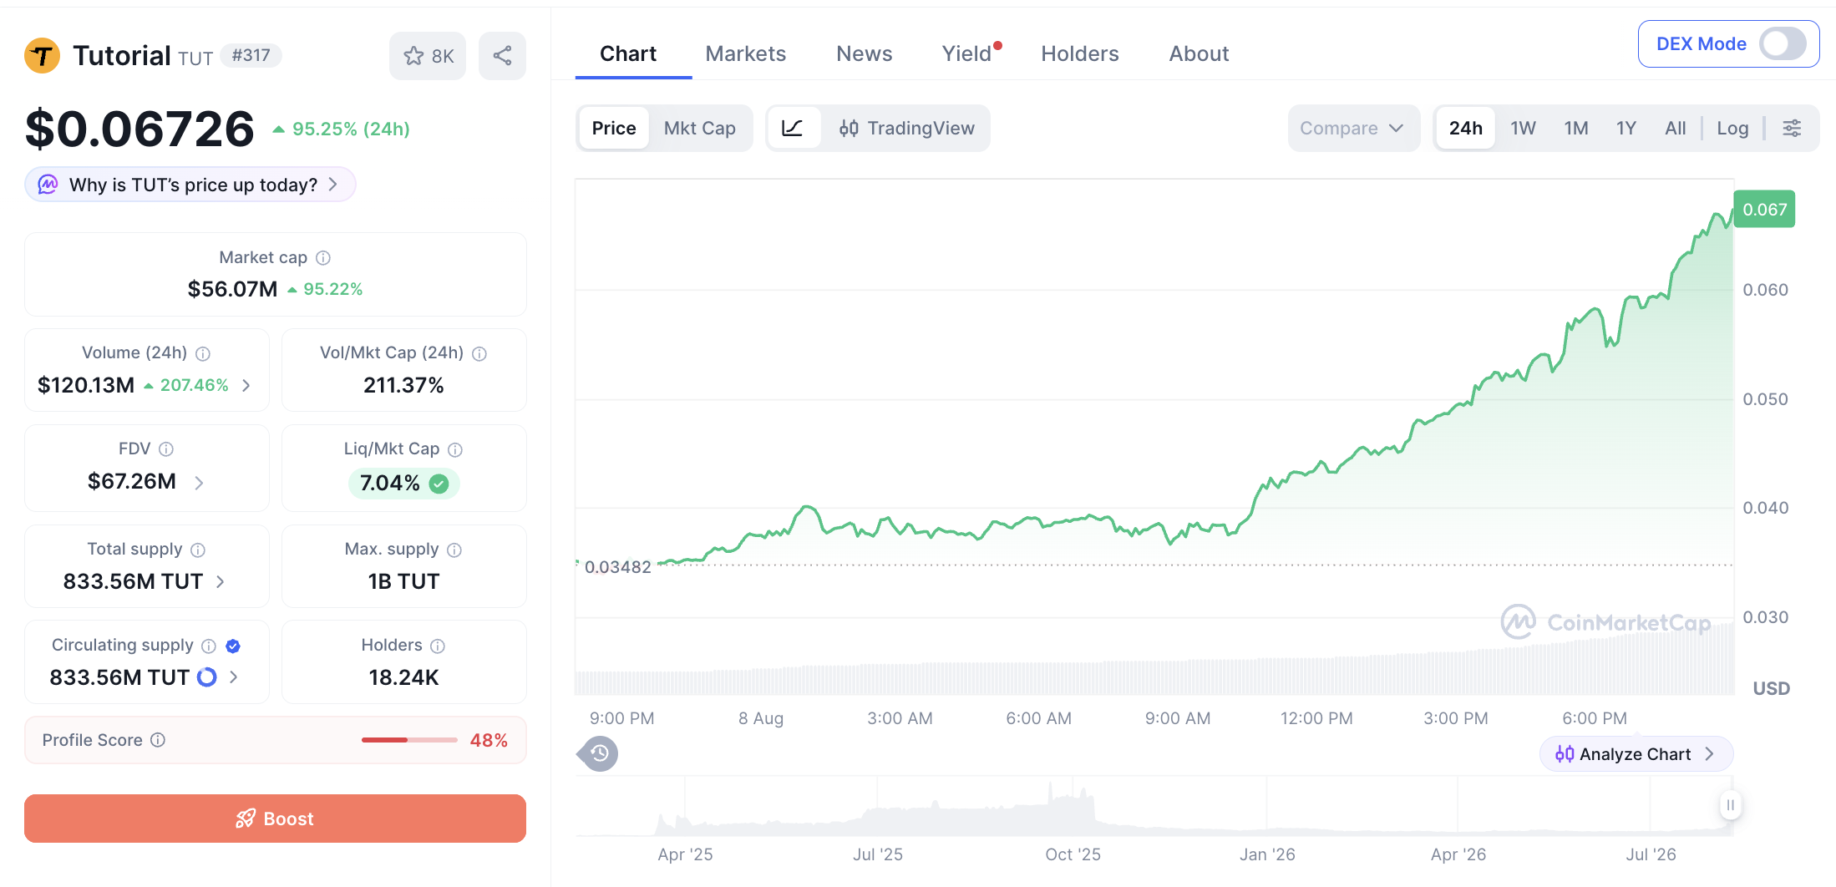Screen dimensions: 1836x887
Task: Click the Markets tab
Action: click(745, 53)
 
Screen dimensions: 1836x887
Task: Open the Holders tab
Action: click(1079, 53)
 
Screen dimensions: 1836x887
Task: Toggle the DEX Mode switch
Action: click(1783, 43)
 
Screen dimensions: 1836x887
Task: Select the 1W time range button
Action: click(1523, 128)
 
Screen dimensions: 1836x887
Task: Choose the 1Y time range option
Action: click(1626, 128)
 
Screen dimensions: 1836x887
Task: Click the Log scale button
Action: click(1732, 128)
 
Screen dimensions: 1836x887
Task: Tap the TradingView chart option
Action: click(906, 128)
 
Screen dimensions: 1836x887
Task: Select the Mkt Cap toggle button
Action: click(699, 128)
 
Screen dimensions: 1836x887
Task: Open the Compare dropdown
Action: click(1352, 128)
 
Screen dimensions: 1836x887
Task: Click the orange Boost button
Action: click(275, 819)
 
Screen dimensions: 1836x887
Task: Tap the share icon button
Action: click(502, 56)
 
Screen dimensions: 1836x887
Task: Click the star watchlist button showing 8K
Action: click(428, 56)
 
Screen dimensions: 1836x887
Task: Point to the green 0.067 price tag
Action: click(1764, 209)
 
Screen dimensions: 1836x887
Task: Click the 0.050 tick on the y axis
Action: click(1765, 399)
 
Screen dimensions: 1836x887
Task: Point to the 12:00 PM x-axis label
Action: click(1316, 718)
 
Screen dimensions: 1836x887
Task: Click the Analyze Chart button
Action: click(1636, 754)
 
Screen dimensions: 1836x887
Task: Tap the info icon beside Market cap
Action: click(323, 258)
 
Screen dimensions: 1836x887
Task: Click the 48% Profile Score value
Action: click(489, 740)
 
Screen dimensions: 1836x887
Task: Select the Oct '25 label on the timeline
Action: click(1073, 854)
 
